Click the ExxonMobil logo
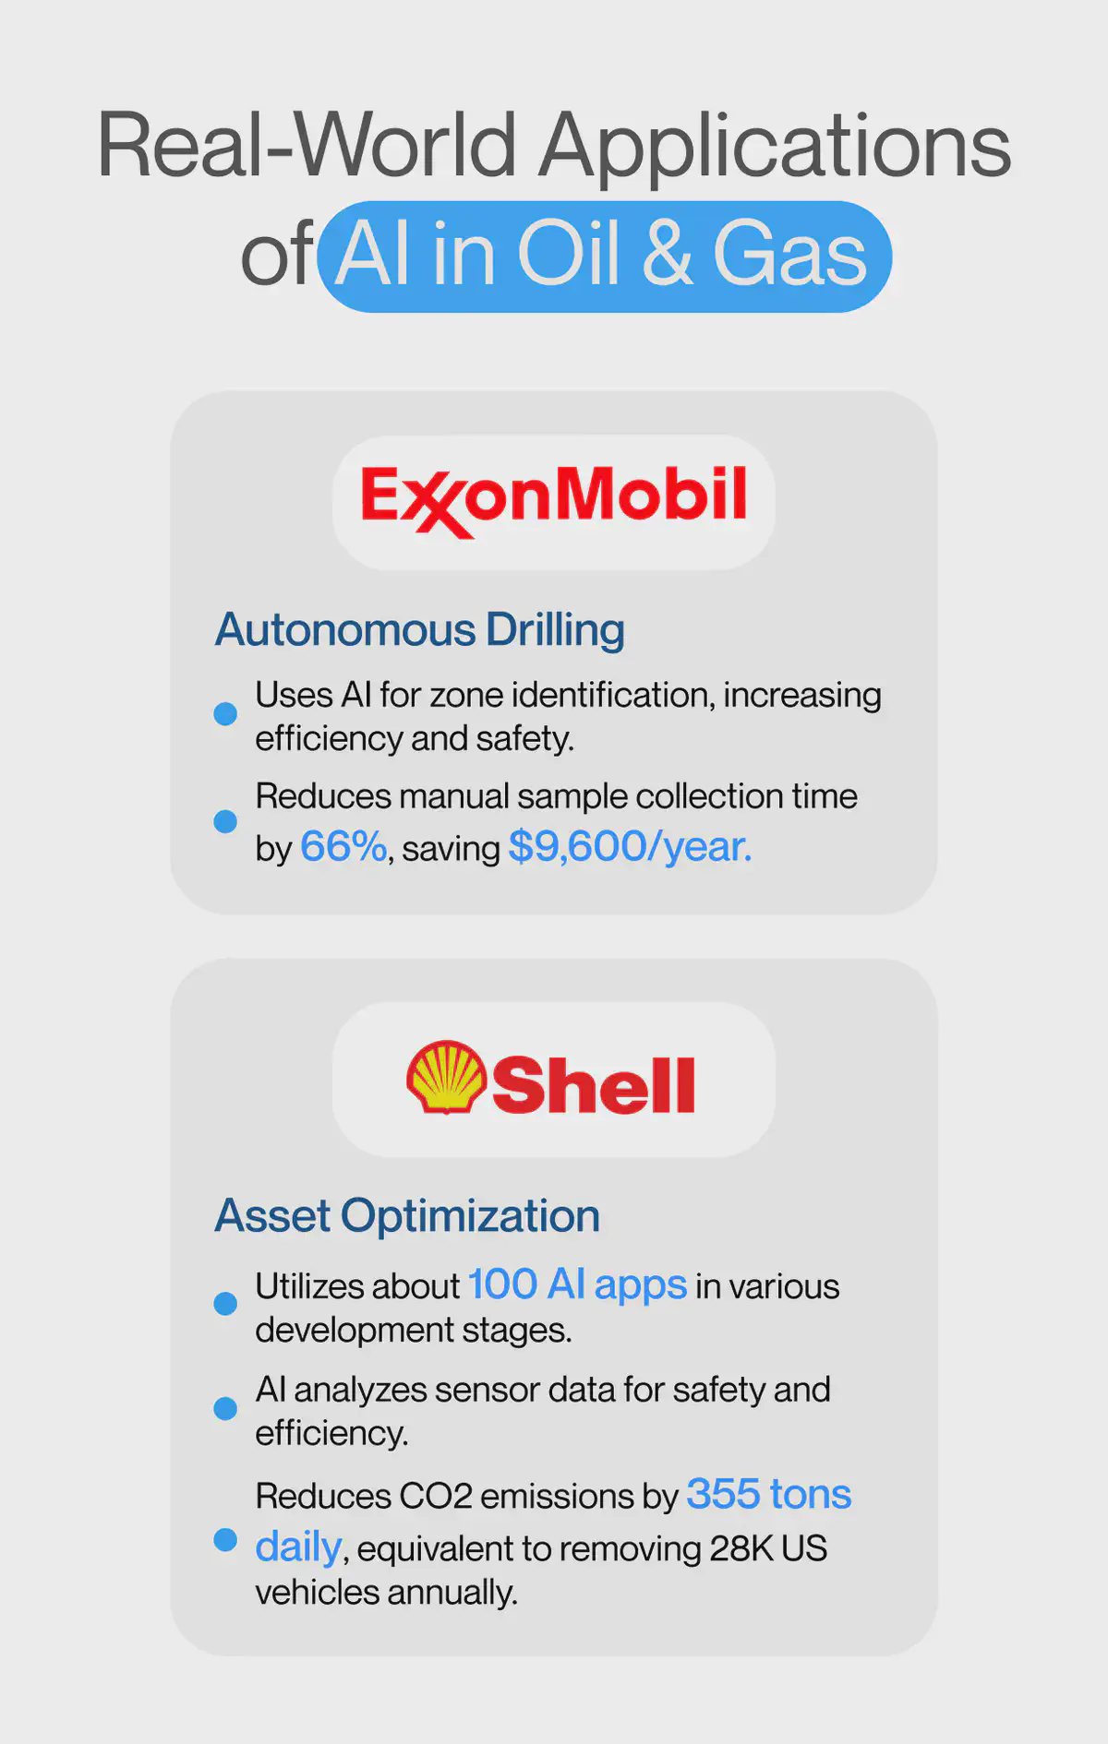coord(553,499)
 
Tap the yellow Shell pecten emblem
coord(446,1077)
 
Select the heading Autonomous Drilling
coord(420,630)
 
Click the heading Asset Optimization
coord(407,1216)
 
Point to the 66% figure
coord(343,846)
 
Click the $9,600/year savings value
coord(631,846)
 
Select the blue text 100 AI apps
coord(577,1284)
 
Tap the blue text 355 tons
coord(769,1494)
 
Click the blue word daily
coord(298,1547)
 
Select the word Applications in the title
coord(775,146)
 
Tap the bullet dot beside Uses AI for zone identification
coord(225,713)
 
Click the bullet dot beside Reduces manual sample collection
coord(225,821)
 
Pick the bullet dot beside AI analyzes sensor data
coord(225,1408)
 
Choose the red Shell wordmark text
coord(593,1085)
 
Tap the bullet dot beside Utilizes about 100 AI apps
coord(225,1303)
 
